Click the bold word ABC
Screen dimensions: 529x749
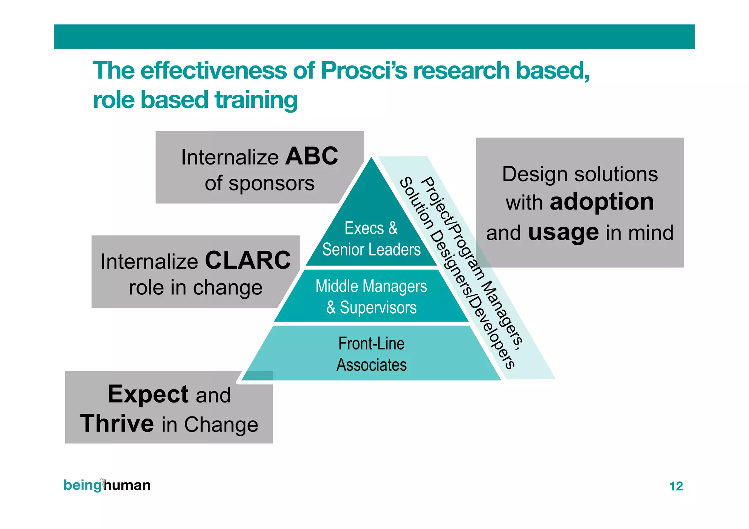coord(312,156)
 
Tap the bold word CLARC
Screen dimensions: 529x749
coord(248,261)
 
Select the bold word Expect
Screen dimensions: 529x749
coord(148,394)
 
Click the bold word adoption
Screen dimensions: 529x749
coord(602,202)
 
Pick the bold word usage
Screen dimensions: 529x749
coord(563,233)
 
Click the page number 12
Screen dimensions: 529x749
coord(676,486)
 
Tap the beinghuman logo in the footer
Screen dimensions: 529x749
coord(107,485)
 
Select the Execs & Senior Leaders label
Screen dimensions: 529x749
coord(371,239)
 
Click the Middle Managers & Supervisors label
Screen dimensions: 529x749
coord(371,296)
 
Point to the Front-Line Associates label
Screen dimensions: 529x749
coord(371,354)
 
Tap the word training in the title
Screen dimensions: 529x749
coord(256,100)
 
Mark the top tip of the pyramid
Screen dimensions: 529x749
coord(372,158)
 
